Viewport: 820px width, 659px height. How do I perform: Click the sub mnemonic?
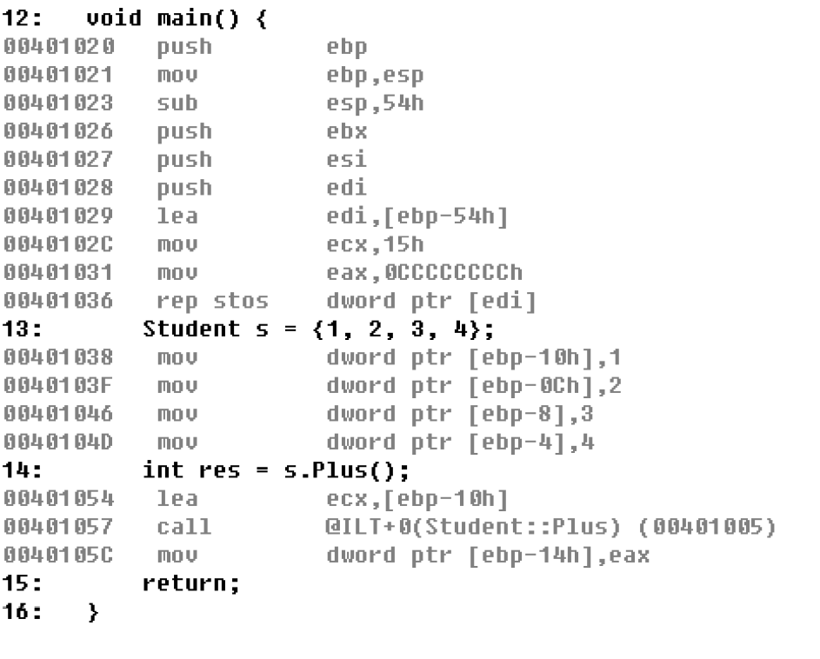177,103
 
